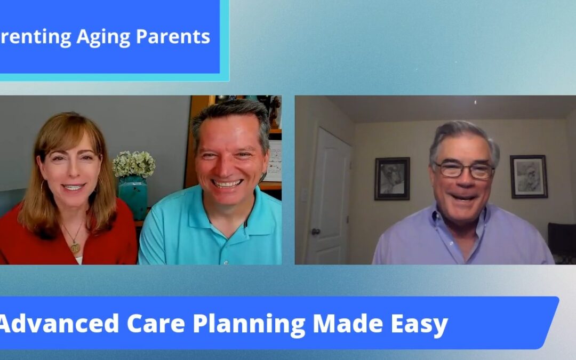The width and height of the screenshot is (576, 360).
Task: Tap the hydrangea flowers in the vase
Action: pyautogui.click(x=133, y=164)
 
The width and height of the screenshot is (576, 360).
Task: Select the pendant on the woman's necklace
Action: pyautogui.click(x=75, y=247)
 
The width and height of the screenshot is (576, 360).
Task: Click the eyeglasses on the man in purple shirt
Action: pyautogui.click(x=462, y=170)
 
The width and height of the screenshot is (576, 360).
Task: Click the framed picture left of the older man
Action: pyautogui.click(x=392, y=179)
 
